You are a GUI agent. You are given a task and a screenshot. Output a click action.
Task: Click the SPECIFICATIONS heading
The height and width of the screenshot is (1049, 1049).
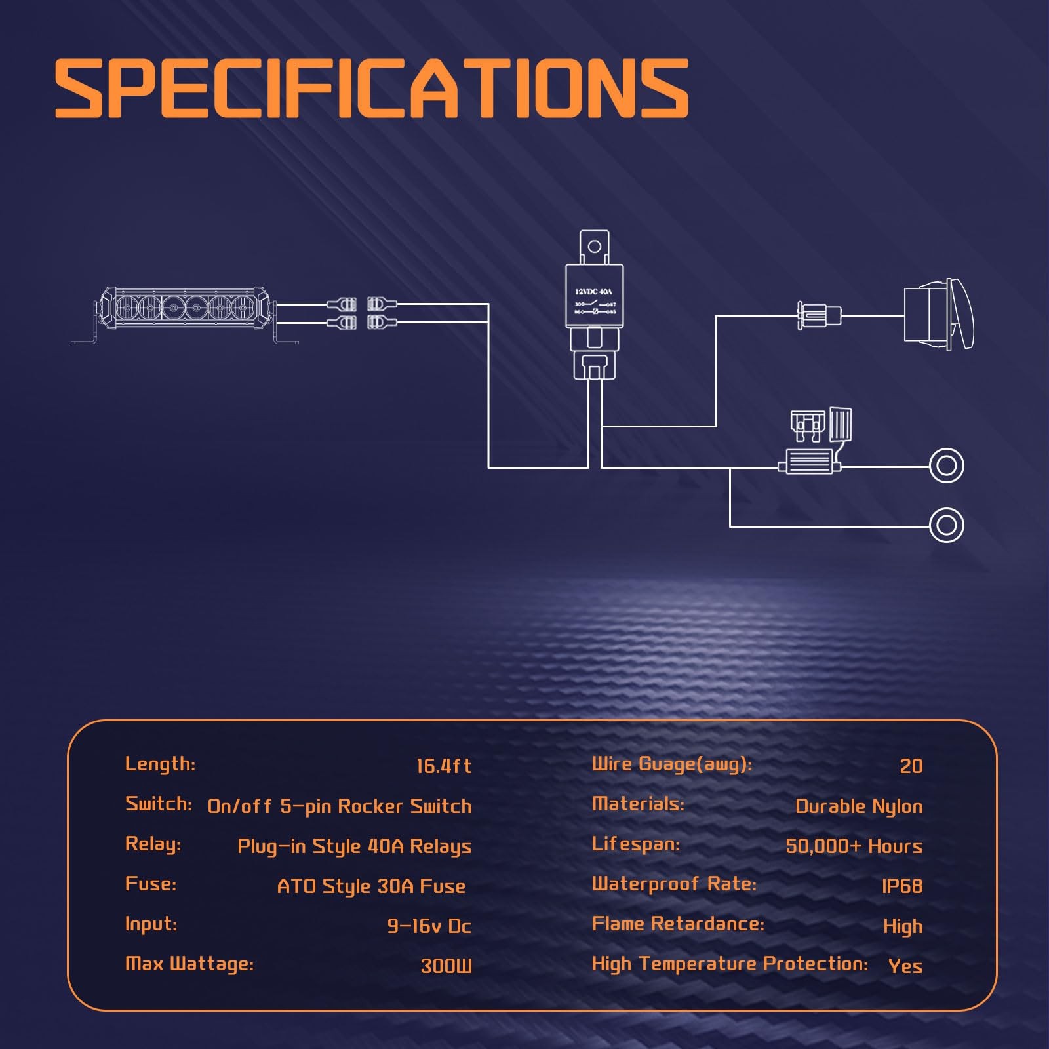point(371,89)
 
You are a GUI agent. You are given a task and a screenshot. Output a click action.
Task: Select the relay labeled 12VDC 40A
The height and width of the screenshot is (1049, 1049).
point(595,298)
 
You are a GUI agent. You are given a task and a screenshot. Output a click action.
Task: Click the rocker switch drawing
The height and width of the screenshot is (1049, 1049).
point(938,315)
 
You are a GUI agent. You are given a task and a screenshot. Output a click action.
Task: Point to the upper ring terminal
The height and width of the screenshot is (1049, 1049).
point(946,466)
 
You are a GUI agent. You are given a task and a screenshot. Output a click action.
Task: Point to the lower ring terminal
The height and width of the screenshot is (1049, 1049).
point(946,524)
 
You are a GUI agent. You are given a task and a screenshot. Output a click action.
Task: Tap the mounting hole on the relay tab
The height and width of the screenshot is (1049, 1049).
point(594,247)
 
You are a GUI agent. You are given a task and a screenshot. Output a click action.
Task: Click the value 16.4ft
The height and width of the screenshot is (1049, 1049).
point(444,766)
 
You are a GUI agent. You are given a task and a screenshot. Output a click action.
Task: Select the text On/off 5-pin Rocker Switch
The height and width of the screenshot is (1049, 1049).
point(340,806)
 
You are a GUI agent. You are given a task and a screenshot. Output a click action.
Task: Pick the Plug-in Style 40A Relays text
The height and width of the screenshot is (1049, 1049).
point(354,846)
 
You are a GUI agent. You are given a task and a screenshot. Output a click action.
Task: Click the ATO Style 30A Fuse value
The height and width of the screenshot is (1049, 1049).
point(371,886)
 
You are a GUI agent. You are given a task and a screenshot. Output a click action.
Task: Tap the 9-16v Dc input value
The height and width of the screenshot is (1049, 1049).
point(429,926)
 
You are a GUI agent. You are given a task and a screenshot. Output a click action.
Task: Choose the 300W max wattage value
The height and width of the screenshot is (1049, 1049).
point(446,966)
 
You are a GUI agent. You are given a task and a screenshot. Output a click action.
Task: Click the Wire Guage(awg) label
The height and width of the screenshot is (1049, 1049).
point(672,764)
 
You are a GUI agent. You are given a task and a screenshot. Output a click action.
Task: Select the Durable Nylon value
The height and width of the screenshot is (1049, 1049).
point(859,806)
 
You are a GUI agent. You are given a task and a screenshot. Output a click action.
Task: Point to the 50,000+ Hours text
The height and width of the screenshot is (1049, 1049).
point(854,846)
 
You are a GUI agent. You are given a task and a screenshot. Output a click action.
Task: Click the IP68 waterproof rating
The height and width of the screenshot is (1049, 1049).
point(902,886)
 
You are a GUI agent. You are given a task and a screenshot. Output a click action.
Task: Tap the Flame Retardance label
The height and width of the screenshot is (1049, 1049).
point(678,924)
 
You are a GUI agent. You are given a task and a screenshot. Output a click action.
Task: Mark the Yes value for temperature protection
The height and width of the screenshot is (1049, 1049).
point(905,966)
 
